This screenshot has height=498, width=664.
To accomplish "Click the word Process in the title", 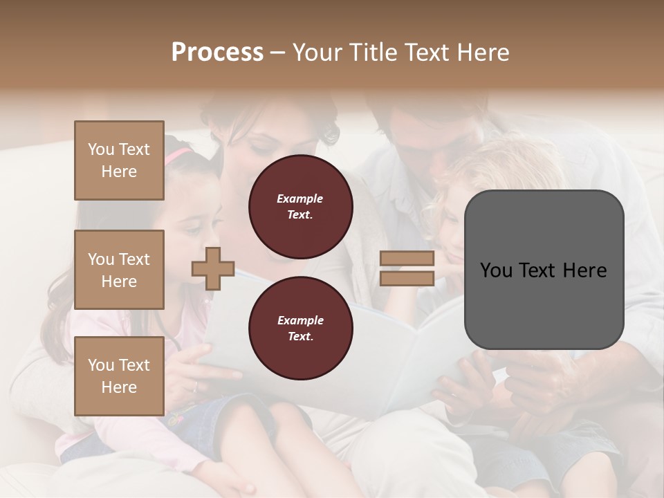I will (217, 53).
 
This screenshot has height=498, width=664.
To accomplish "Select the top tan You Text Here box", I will (119, 160).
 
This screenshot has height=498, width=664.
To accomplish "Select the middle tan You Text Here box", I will (119, 270).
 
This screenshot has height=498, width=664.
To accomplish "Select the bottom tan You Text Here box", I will (119, 376).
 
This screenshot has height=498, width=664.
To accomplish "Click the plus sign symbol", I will (213, 268).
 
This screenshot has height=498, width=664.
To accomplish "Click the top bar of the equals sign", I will (407, 259).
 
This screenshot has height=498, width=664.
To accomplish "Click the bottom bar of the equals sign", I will (407, 279).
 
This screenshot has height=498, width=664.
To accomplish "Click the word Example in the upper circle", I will (300, 199).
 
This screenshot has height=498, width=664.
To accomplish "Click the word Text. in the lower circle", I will (300, 336).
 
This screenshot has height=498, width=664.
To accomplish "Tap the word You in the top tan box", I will (101, 149).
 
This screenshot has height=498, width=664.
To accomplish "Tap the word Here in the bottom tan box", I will (119, 387).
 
